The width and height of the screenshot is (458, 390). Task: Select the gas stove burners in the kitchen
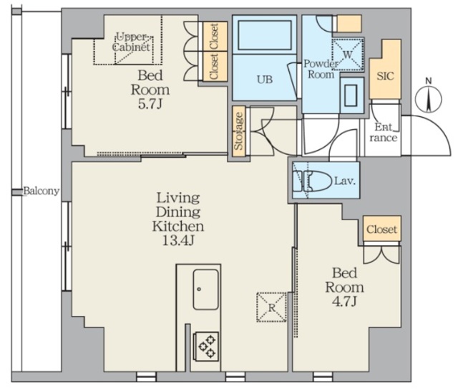207,346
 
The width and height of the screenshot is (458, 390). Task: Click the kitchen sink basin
205,289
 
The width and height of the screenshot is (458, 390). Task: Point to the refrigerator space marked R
271,308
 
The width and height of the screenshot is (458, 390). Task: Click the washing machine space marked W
348,54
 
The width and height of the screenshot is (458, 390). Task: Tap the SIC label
385,76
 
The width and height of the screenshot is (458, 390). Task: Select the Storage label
238,130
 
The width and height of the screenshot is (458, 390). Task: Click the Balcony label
42,191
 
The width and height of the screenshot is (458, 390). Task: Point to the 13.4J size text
178,240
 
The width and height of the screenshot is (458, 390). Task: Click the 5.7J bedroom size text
150,104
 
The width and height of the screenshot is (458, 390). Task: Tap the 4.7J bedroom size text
344,301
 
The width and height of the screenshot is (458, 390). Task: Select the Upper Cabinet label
132,42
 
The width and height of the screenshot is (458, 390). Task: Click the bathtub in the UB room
265,35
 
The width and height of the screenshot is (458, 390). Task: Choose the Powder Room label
321,69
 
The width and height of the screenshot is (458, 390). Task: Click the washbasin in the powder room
351,95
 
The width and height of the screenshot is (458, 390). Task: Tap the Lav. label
345,181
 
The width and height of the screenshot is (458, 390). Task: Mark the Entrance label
384,132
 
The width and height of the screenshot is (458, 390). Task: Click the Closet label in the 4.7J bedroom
381,229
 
